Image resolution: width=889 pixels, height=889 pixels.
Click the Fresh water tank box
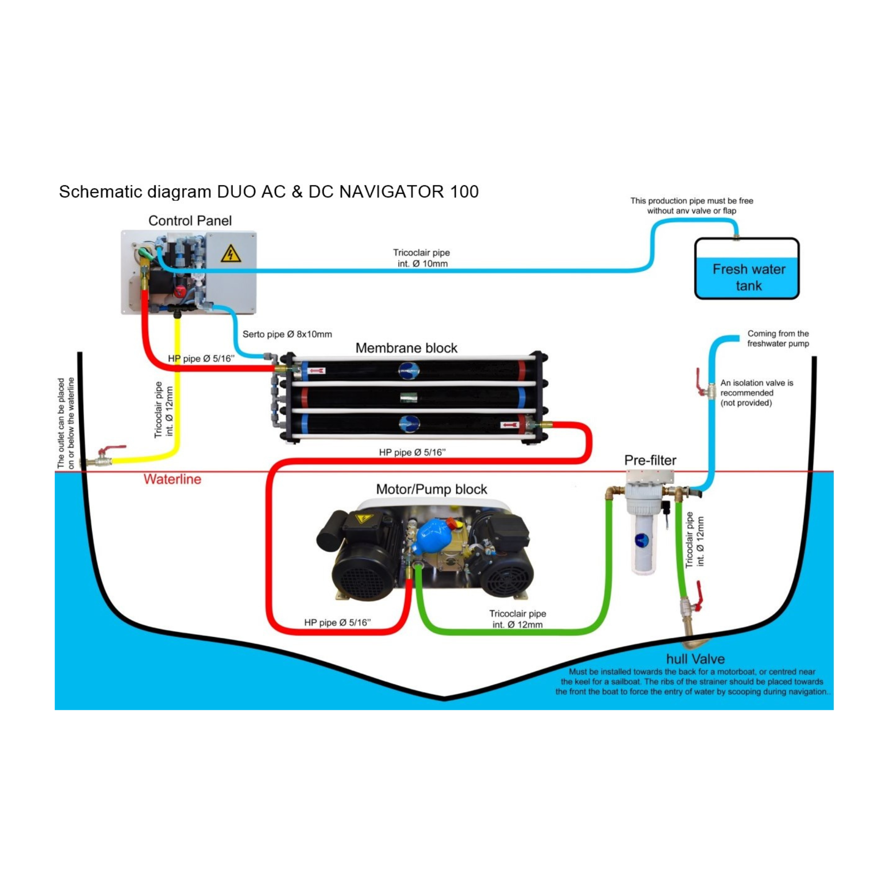pyautogui.click(x=746, y=269)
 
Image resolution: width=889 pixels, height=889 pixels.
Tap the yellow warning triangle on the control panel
pyautogui.click(x=231, y=254)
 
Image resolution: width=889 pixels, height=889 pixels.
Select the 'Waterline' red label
pyautogui.click(x=172, y=480)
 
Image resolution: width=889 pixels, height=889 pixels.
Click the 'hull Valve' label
pyautogui.click(x=695, y=659)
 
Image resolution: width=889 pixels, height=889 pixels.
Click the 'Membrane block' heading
pyautogui.click(x=406, y=348)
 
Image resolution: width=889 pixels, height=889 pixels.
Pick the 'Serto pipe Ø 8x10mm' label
pyautogui.click(x=287, y=334)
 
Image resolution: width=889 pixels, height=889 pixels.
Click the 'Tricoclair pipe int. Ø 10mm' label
pyautogui.click(x=421, y=258)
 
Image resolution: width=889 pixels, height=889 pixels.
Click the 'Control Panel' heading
pyautogui.click(x=190, y=221)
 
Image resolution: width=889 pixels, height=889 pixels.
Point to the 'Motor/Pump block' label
pyautogui.click(x=431, y=489)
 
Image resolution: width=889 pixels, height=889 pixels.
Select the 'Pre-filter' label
pyautogui.click(x=650, y=460)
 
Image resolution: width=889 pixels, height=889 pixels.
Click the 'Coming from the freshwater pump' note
pyautogui.click(x=777, y=338)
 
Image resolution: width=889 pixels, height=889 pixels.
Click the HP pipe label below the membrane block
pyautogui.click(x=412, y=453)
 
